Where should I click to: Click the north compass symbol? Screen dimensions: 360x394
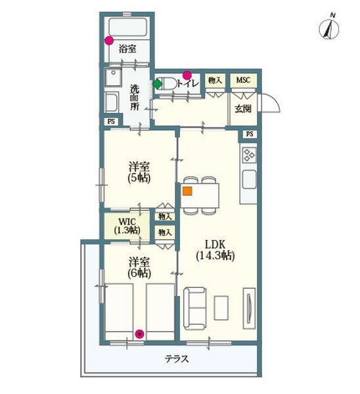tap(329, 28)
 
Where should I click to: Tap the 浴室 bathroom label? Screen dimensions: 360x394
tap(127, 49)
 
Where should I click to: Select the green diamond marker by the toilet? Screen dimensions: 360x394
tap(158, 84)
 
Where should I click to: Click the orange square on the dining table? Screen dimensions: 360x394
tap(187, 191)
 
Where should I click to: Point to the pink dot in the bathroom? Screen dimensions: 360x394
tap(109, 41)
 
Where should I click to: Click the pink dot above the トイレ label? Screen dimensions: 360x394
tap(187, 75)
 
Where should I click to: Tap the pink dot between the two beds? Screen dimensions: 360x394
tap(139, 334)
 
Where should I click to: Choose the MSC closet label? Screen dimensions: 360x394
tap(243, 80)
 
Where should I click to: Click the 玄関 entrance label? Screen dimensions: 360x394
tap(243, 109)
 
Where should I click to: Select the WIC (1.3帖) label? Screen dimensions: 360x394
tap(127, 226)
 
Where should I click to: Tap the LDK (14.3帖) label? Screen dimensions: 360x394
tap(215, 250)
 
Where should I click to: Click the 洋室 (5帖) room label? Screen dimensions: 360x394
tap(139, 172)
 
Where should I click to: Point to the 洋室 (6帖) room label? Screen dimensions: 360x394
tap(139, 268)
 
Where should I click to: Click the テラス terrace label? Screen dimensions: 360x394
tap(177, 359)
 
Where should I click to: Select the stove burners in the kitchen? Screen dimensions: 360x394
tap(249, 154)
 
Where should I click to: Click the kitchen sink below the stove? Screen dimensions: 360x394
tap(249, 179)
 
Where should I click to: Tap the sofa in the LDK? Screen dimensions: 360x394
tap(195, 309)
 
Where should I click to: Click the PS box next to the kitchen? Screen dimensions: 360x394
tap(250, 134)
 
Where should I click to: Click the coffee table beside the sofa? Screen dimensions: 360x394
tap(221, 308)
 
